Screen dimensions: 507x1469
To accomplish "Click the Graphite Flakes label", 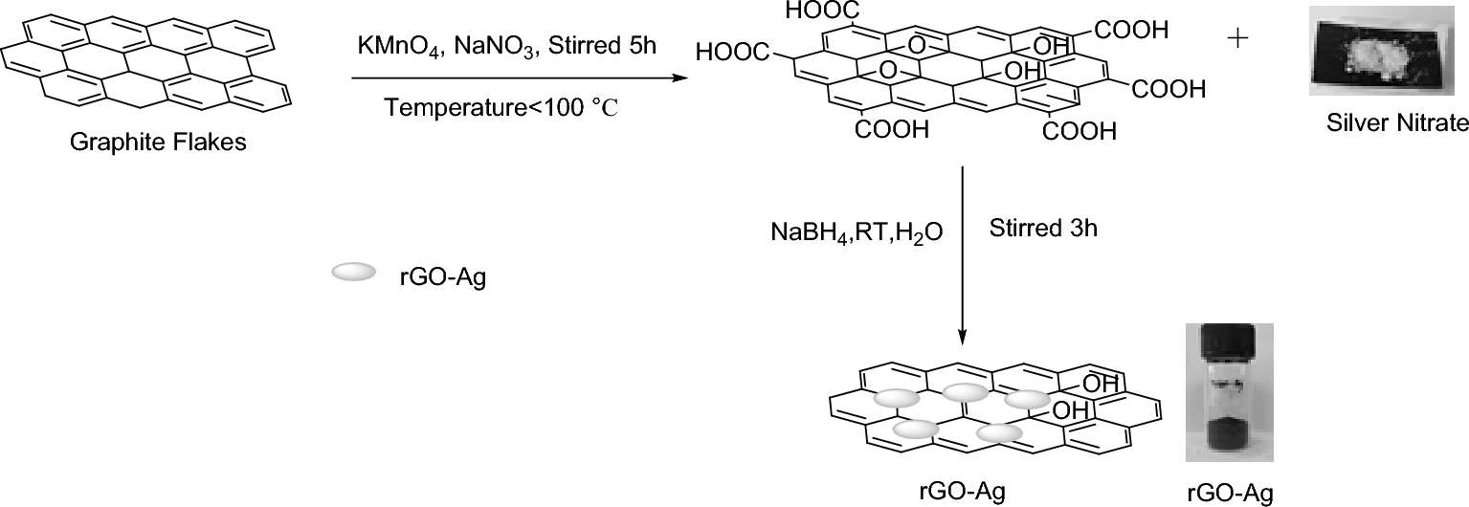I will (x=159, y=143).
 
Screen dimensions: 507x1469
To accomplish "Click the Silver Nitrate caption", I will (x=1396, y=122).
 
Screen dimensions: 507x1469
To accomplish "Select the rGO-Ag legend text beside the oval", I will (x=442, y=280).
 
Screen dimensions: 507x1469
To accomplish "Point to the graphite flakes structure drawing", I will (x=144, y=62).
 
